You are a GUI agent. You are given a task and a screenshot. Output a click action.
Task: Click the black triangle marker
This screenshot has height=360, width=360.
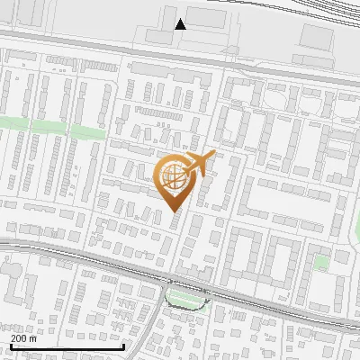tap(181, 24)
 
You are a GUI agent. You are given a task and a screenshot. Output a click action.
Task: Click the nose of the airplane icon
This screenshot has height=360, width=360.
tap(214, 155)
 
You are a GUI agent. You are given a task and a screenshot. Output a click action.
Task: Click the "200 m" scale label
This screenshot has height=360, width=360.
tap(23, 338)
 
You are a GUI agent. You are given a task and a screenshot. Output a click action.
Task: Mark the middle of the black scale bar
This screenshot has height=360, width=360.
tap(67, 346)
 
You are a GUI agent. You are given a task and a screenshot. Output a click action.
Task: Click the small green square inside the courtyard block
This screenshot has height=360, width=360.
tap(321, 263)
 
